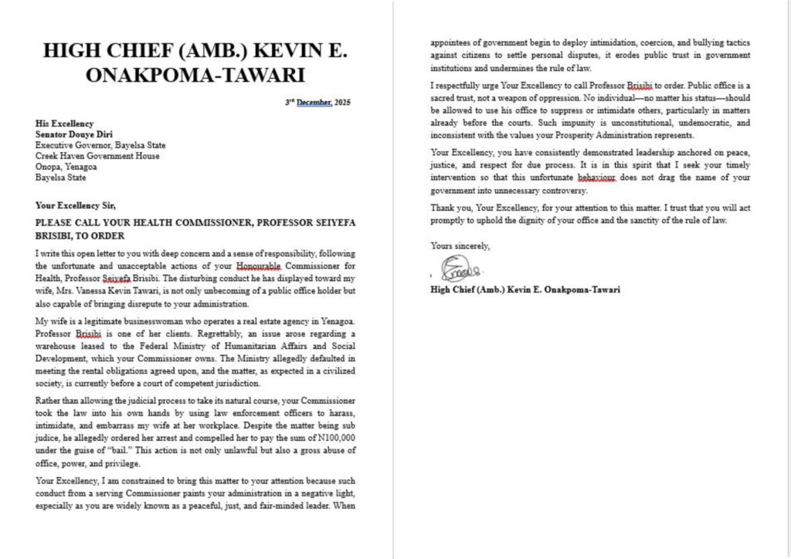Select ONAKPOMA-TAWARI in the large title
click(195, 76)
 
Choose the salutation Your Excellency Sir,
click(76, 205)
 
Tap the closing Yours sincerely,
click(460, 246)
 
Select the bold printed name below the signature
click(525, 290)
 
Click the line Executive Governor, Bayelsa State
click(100, 145)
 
